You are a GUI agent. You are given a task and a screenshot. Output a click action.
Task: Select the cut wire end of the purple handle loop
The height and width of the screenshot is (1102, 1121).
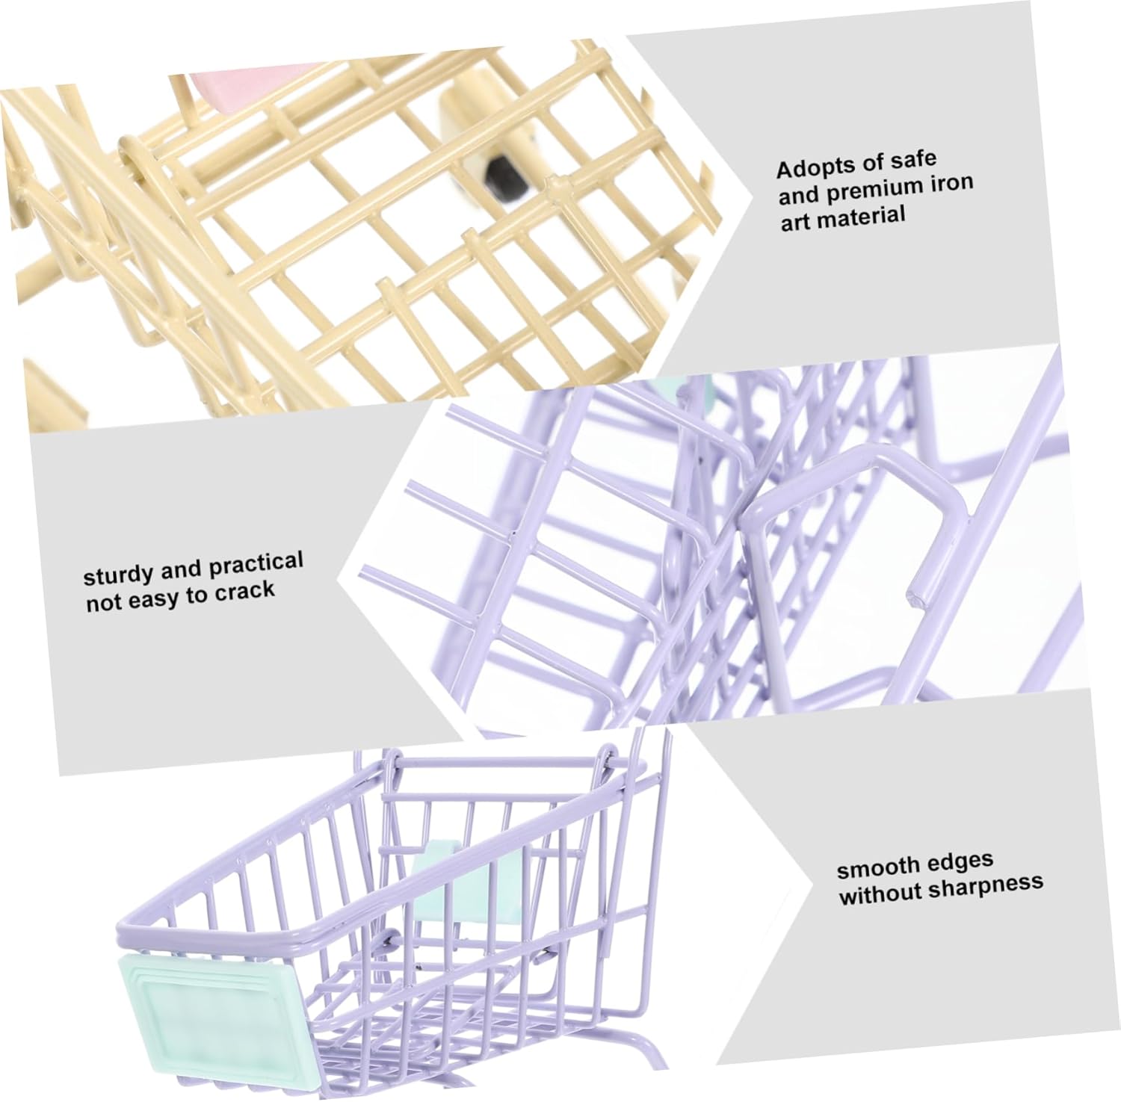(914, 596)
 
